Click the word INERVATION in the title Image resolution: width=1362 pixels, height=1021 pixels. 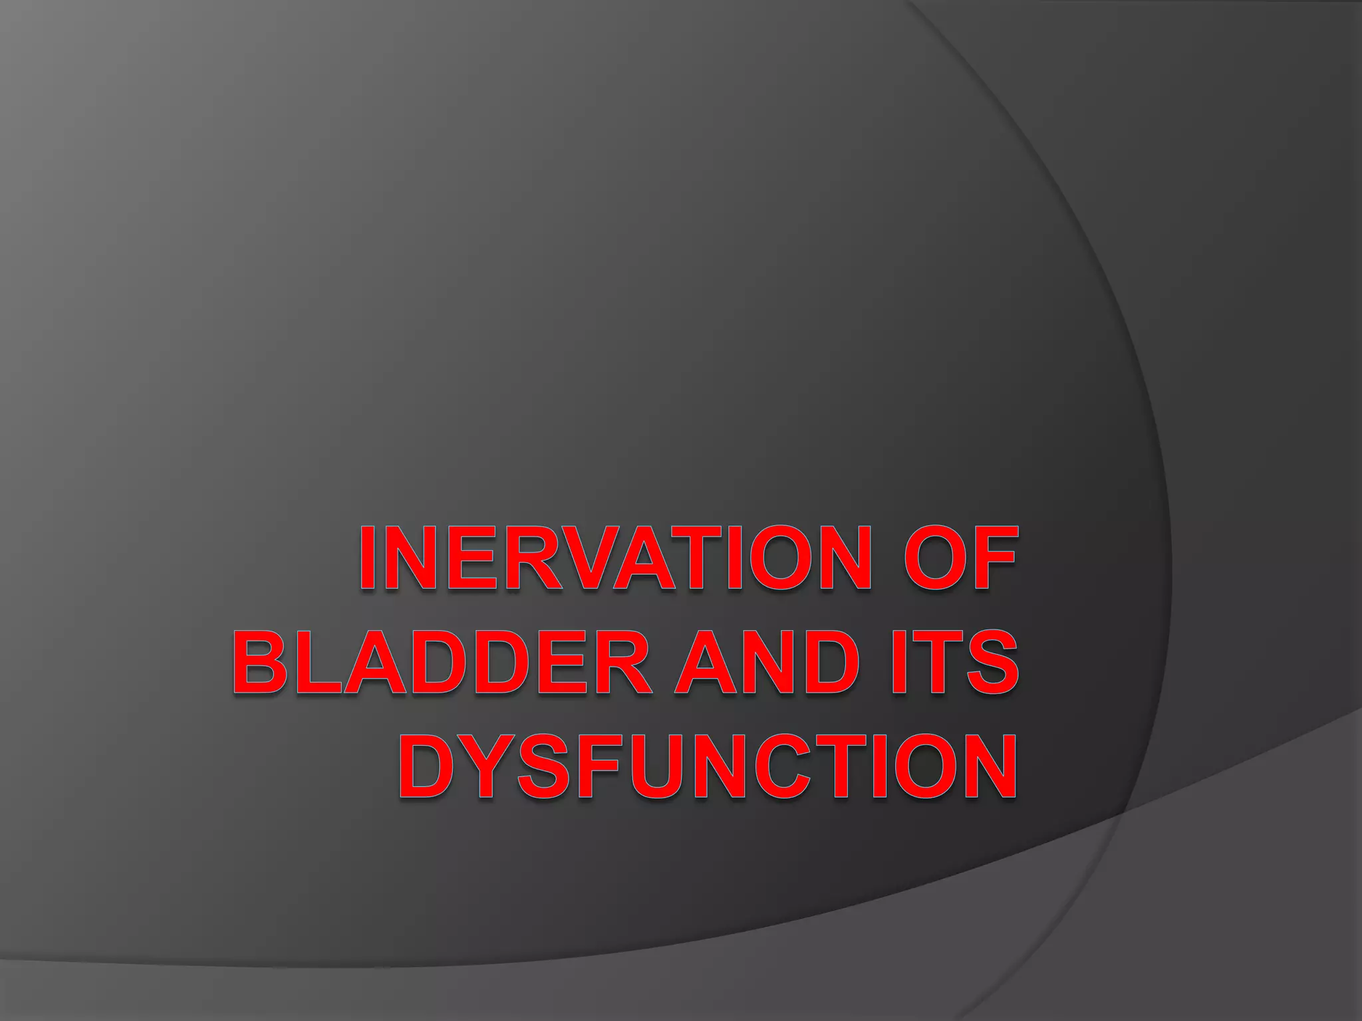click(x=615, y=558)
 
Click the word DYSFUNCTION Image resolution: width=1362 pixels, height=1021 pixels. click(x=708, y=766)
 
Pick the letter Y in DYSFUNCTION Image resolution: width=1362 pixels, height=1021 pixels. click(x=487, y=766)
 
